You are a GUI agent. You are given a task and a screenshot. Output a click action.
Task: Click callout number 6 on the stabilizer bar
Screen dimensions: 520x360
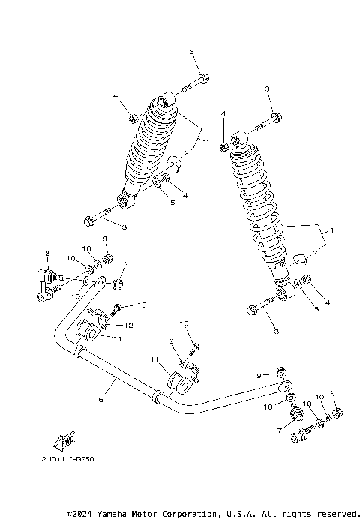pos(100,401)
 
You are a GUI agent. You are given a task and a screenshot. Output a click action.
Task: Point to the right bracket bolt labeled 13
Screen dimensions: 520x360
pos(194,347)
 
